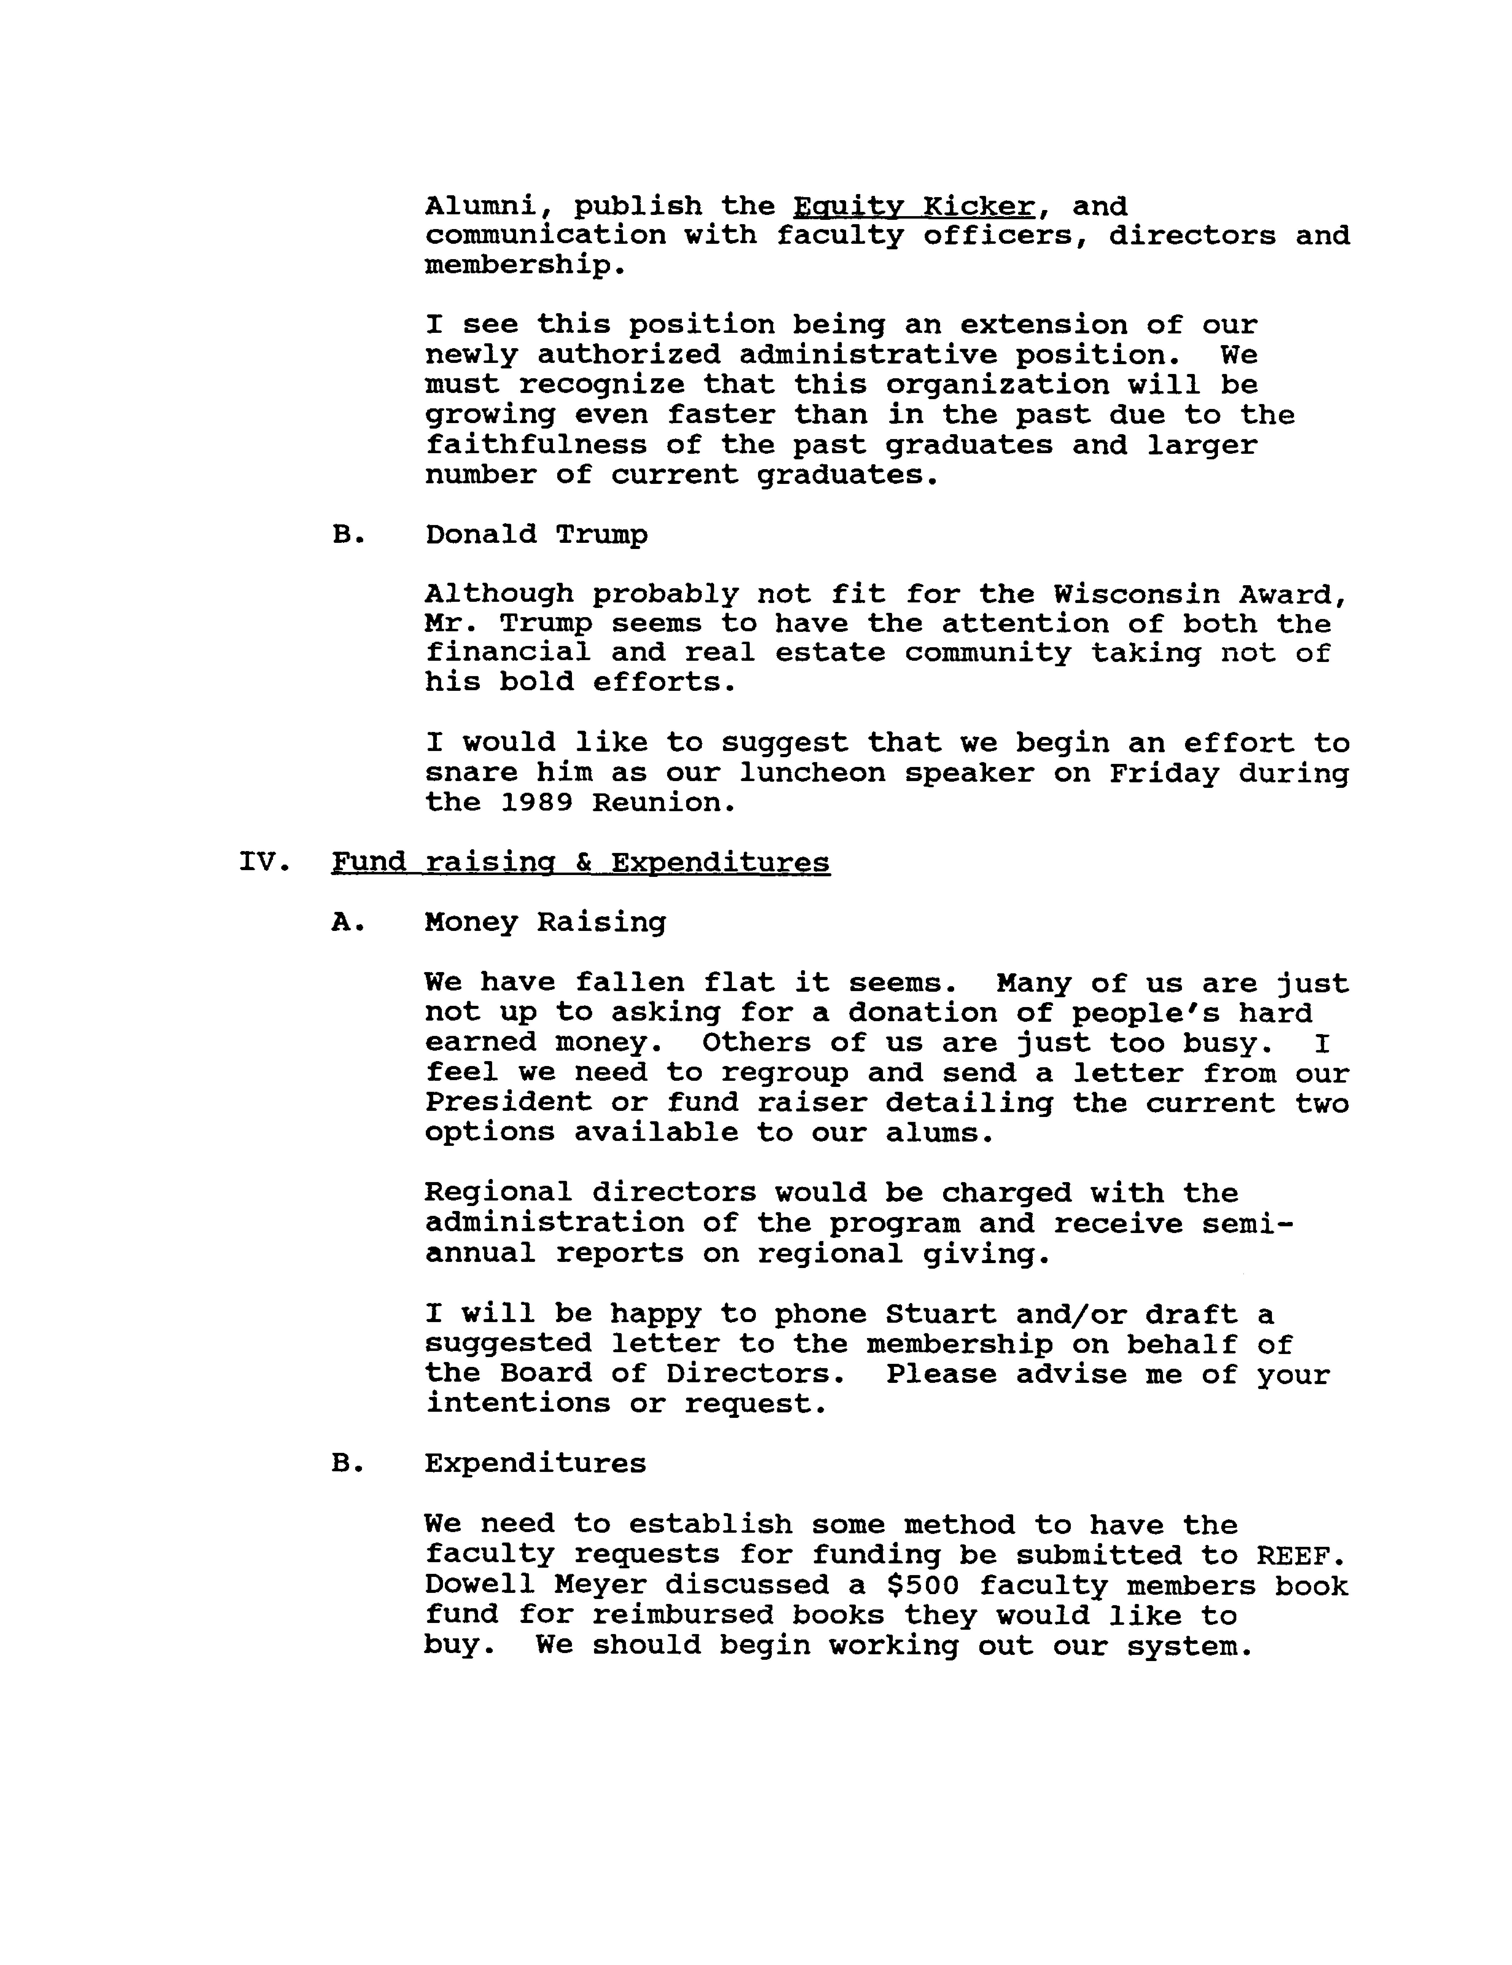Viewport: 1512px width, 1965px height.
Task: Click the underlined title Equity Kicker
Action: pyautogui.click(x=913, y=207)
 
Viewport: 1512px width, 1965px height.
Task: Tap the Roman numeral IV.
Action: pyautogui.click(x=263, y=862)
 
